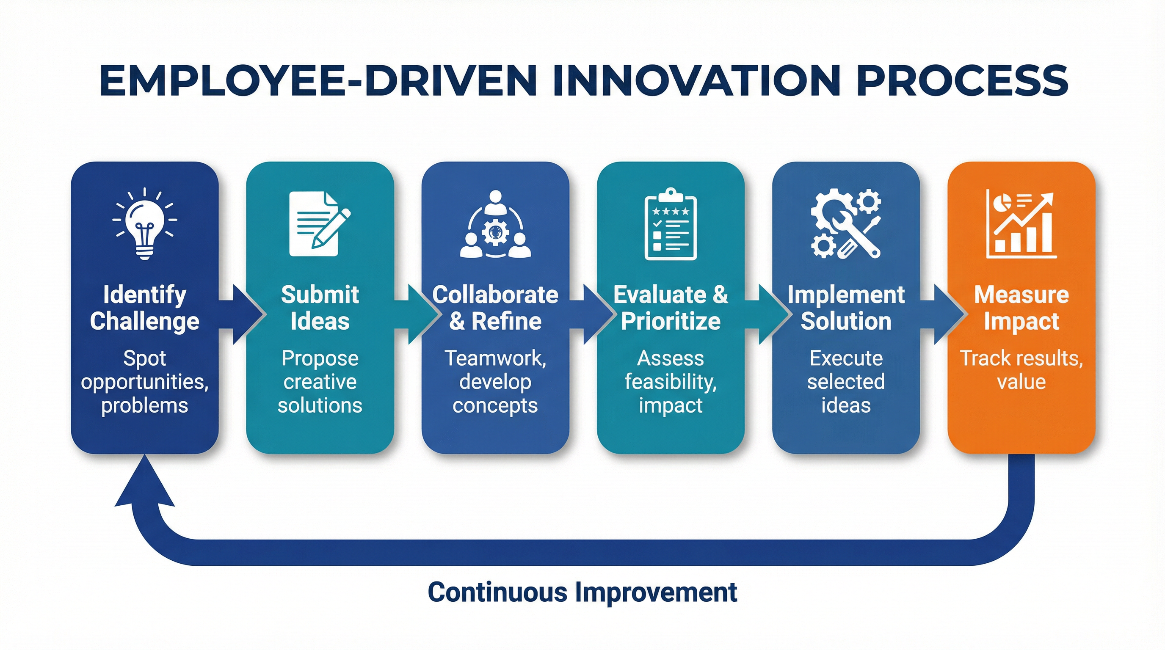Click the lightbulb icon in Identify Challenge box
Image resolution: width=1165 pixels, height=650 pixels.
tap(145, 224)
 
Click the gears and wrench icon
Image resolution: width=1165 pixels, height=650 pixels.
tap(846, 224)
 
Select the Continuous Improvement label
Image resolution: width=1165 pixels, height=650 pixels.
tap(582, 592)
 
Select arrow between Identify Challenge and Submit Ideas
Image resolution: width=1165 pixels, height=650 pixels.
tap(240, 314)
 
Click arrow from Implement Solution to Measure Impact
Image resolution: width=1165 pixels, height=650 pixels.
tap(941, 314)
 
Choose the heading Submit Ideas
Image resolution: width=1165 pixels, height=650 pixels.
tap(320, 308)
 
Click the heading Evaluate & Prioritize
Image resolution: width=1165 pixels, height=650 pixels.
tap(670, 308)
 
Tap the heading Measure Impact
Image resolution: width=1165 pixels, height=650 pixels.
tap(1021, 308)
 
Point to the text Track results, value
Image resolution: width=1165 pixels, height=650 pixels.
tap(1021, 370)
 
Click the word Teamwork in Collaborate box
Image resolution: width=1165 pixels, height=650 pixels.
tap(495, 358)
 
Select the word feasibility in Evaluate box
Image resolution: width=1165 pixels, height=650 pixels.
tap(670, 382)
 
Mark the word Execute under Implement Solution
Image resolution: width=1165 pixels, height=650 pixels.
tap(846, 358)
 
